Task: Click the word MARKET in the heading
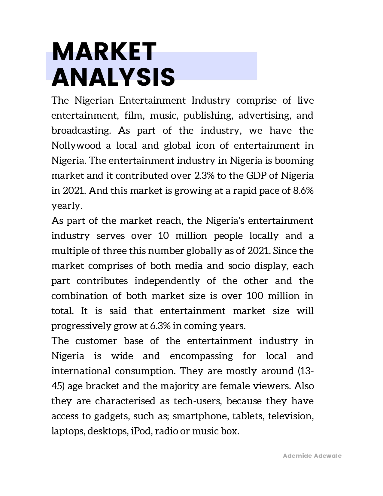tap(104, 51)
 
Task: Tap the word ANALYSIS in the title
tap(113, 77)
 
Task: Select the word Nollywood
tap(76, 145)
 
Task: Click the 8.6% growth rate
tap(303, 191)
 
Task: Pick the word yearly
tap(67, 206)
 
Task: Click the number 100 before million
tap(255, 296)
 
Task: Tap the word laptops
tap(68, 431)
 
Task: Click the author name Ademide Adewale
tap(312, 456)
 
